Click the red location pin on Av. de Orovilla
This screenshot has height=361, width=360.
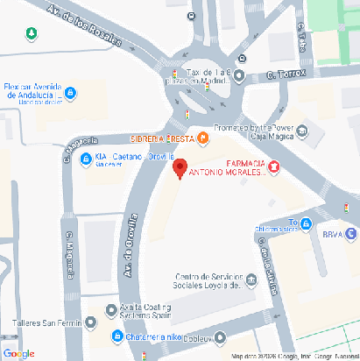pyautogui.click(x=180, y=168)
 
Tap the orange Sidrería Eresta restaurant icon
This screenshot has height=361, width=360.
pyautogui.click(x=203, y=137)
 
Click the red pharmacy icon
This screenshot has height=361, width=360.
pyautogui.click(x=274, y=166)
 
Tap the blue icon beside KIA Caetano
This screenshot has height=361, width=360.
pyautogui.click(x=86, y=159)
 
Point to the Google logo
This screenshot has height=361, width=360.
pyautogui.click(x=18, y=352)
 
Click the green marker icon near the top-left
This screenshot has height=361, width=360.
pyautogui.click(x=32, y=33)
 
